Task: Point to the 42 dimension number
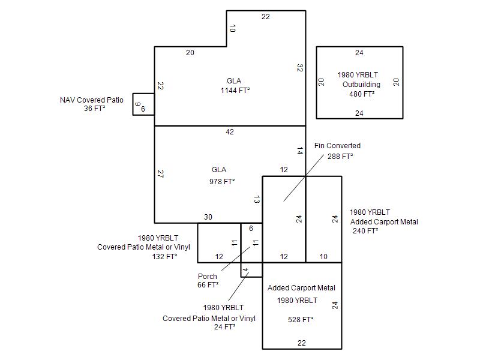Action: (x=230, y=132)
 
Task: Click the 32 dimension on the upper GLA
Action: (x=299, y=68)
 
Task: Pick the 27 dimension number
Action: (x=160, y=174)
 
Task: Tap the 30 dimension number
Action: (x=208, y=217)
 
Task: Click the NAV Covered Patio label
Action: (x=92, y=100)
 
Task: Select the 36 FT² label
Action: (x=95, y=109)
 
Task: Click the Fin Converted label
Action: (x=337, y=146)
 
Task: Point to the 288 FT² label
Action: (x=340, y=156)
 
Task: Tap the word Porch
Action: (x=208, y=277)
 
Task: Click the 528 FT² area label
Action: (x=301, y=320)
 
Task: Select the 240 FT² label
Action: (x=365, y=230)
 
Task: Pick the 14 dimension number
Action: (x=299, y=151)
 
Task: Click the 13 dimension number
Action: (x=256, y=199)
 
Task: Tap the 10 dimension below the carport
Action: (x=323, y=257)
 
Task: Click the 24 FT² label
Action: (x=224, y=327)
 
